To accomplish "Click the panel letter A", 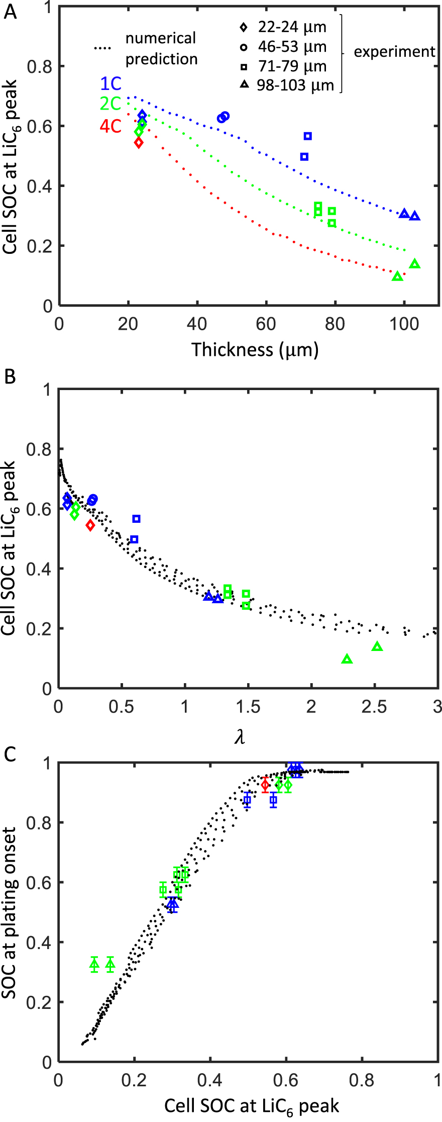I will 10,11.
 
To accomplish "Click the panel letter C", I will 10,754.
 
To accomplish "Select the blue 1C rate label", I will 111,83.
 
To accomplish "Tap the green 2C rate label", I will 111,104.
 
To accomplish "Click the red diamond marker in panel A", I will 139,143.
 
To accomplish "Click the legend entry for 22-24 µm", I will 283,27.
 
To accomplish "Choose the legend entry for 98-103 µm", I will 287,85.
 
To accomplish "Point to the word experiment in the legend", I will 394,52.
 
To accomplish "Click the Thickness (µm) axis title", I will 255,349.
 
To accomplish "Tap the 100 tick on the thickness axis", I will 404,324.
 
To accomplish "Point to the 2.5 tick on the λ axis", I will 374,707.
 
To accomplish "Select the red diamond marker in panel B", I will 90,525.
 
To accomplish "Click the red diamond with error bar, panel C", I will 266,784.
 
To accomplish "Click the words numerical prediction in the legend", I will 161,49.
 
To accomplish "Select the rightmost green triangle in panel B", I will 377,647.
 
